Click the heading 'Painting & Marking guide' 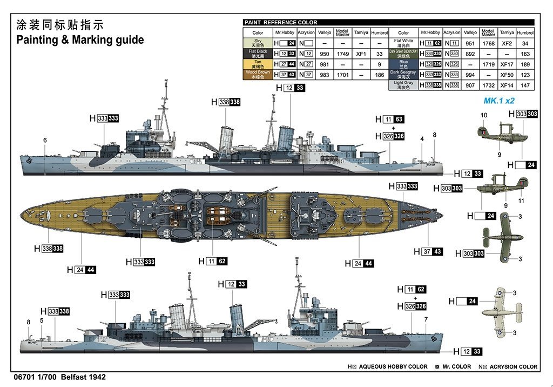click(x=80, y=40)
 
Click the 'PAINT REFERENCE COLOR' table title click(x=281, y=23)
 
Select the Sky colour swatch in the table click(x=258, y=42)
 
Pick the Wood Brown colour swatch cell click(x=258, y=75)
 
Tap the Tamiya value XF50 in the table click(x=507, y=75)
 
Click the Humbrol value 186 click(x=379, y=75)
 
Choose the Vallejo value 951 click(x=470, y=43)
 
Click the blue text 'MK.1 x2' click(x=499, y=101)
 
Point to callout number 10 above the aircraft click(x=484, y=115)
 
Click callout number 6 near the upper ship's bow click(x=45, y=141)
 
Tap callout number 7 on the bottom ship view click(x=426, y=319)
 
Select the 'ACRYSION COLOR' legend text click(x=513, y=366)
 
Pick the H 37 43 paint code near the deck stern click(x=428, y=251)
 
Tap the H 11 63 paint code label click(x=390, y=119)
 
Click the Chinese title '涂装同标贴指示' click(x=59, y=25)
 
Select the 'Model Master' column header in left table click(x=342, y=32)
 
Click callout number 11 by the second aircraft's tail click(x=521, y=201)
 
